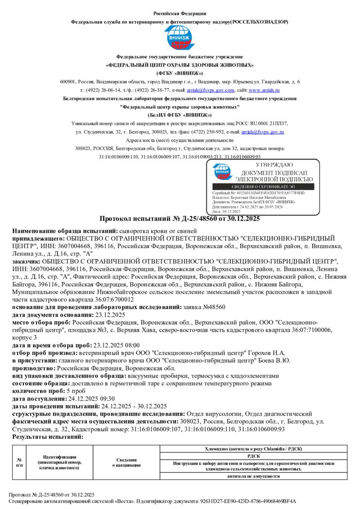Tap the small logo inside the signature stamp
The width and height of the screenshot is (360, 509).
click(221, 172)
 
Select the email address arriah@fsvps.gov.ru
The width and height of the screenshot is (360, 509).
click(262, 132)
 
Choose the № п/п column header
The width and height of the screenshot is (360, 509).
click(19, 462)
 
